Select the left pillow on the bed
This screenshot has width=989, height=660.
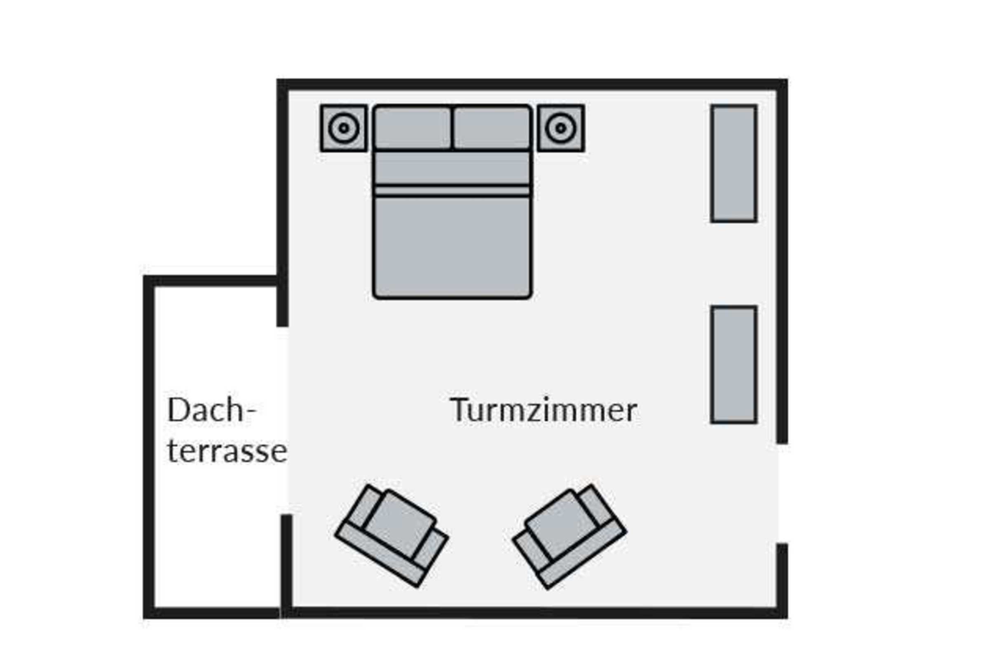[412, 128]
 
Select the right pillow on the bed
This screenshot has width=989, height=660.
[492, 128]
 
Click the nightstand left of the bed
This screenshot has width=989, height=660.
[344, 128]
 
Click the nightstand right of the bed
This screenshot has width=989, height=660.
[561, 128]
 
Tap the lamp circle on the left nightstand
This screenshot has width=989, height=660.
[344, 128]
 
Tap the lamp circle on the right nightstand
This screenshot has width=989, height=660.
[561, 128]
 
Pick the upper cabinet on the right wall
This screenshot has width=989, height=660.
[734, 163]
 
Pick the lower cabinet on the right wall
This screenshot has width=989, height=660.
[734, 365]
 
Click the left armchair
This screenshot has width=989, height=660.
[392, 535]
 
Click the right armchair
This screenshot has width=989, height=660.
[569, 535]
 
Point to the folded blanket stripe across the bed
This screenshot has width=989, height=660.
[452, 191]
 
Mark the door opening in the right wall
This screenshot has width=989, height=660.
[782, 493]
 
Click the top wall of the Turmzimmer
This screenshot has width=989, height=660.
[532, 84]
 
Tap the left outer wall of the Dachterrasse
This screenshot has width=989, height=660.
[149, 446]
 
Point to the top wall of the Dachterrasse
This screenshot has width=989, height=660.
[212, 281]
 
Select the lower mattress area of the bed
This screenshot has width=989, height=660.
[452, 246]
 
